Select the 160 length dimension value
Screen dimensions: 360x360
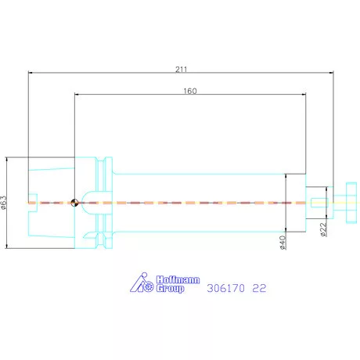(190, 91)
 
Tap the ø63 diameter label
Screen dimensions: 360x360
(5, 203)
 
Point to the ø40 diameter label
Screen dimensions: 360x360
(283, 242)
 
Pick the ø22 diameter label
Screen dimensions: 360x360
(324, 231)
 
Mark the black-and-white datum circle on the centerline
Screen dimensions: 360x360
(73, 203)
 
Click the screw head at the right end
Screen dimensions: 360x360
(344, 203)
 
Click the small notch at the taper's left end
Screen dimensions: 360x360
(32, 196)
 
